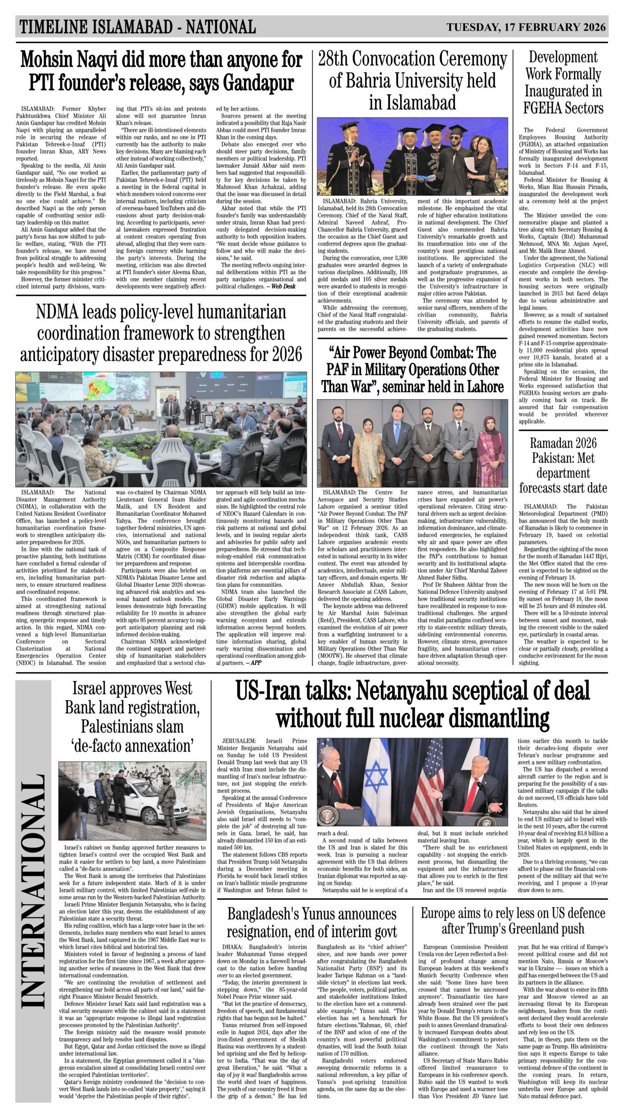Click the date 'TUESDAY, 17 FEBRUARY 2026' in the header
(x=526, y=27)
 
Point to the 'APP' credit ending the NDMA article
(x=256, y=662)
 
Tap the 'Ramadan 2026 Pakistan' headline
(x=563, y=466)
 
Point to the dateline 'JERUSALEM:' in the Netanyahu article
(x=240, y=741)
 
